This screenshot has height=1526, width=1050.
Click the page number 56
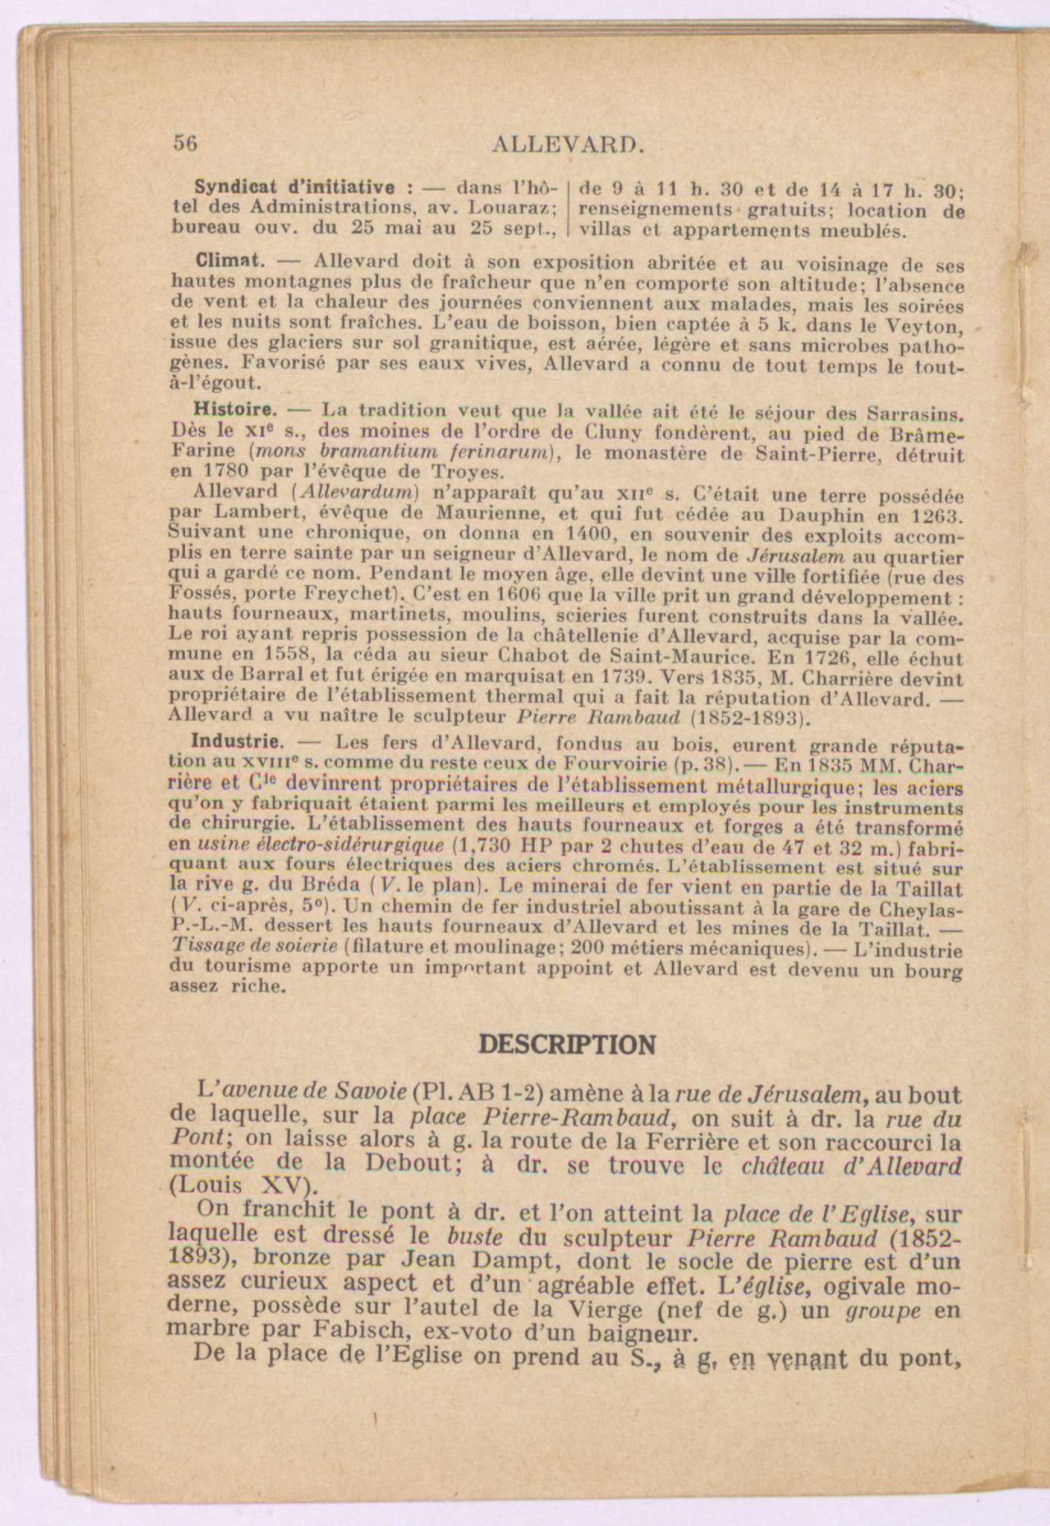186,143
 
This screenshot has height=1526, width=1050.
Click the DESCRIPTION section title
567,1045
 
